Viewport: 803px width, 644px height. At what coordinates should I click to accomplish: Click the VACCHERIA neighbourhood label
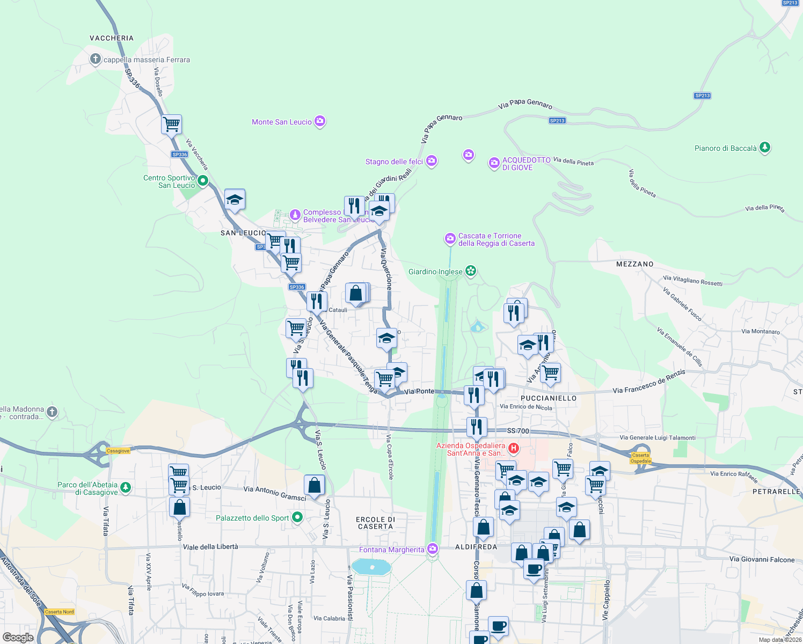[x=112, y=38]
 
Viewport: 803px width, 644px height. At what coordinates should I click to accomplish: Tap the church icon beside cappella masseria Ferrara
[x=95, y=59]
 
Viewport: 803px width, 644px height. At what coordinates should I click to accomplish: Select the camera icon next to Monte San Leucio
[x=320, y=121]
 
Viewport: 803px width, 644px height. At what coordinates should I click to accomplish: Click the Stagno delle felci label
[x=394, y=162]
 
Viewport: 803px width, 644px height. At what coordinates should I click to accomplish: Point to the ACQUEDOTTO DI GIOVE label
[x=526, y=164]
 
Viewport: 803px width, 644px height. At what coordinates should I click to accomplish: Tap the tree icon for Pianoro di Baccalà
[x=765, y=148]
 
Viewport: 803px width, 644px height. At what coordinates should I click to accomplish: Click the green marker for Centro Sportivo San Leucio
[x=203, y=181]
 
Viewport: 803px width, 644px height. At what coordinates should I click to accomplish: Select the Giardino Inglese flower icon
[x=471, y=271]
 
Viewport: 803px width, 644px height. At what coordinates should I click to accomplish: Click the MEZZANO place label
[x=635, y=264]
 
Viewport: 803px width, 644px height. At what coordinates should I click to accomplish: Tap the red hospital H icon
[x=513, y=448]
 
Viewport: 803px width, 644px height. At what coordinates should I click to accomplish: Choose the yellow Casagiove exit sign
[x=118, y=451]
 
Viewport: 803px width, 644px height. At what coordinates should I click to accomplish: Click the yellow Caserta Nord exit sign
[x=60, y=612]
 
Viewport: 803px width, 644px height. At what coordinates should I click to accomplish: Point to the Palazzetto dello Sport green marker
[x=297, y=518]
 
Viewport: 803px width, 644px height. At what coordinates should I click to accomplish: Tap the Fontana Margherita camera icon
[x=433, y=549]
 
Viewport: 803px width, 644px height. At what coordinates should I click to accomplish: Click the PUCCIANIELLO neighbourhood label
[x=549, y=398]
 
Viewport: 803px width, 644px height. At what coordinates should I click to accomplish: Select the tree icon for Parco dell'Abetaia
[x=126, y=487]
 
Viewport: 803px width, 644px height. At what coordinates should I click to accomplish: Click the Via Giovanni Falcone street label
[x=762, y=559]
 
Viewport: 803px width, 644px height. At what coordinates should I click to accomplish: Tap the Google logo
[x=18, y=637]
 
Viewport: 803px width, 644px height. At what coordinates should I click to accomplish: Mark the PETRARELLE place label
[x=776, y=492]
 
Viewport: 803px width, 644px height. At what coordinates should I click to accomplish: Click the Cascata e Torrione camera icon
[x=450, y=239]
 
